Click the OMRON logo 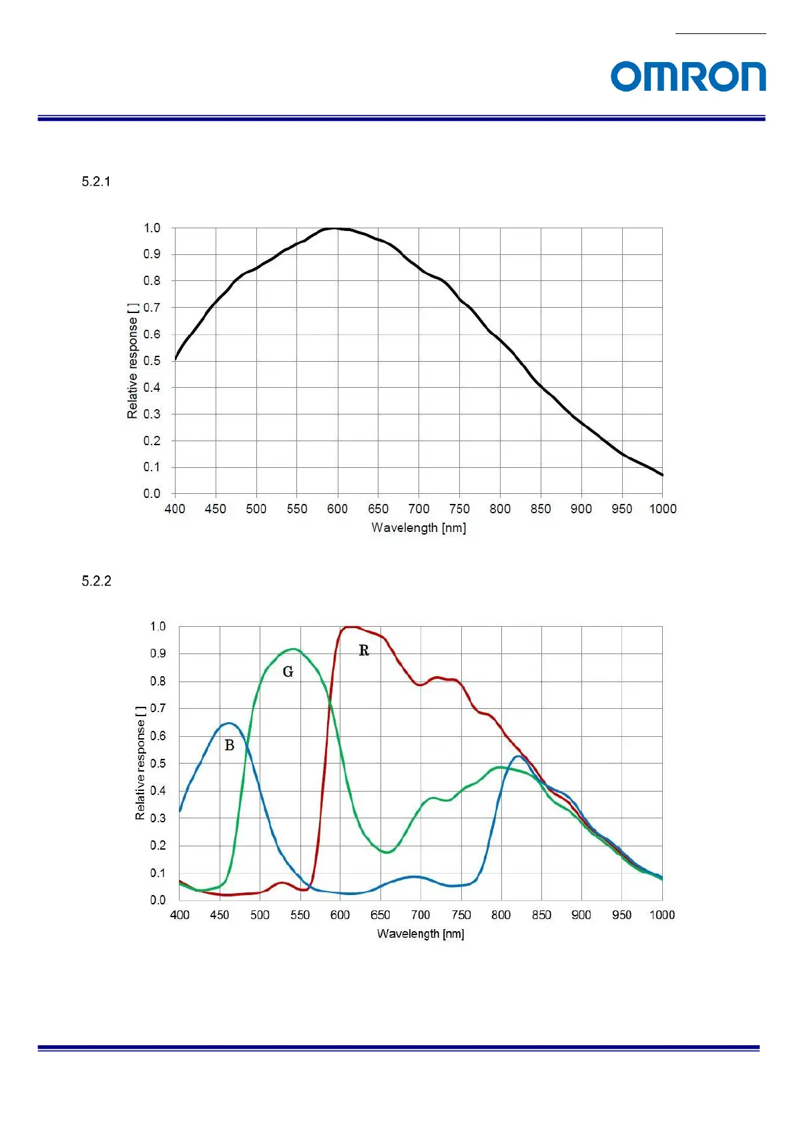(688, 77)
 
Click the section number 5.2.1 (96, 182)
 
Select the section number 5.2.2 (96, 581)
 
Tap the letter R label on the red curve (364, 650)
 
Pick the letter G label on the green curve (288, 671)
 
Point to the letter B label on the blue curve (229, 746)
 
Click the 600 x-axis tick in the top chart (337, 509)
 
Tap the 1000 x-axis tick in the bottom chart (661, 914)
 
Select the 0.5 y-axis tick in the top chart (152, 360)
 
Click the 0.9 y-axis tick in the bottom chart (158, 653)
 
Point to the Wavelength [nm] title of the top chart (419, 528)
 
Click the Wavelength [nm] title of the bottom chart (421, 934)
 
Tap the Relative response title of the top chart (133, 360)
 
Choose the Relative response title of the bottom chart (140, 762)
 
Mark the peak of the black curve (333, 228)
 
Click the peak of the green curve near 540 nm (293, 649)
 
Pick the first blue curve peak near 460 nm (229, 723)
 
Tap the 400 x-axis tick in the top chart (175, 509)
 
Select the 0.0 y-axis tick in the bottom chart (158, 900)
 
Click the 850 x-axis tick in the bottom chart (541, 914)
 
